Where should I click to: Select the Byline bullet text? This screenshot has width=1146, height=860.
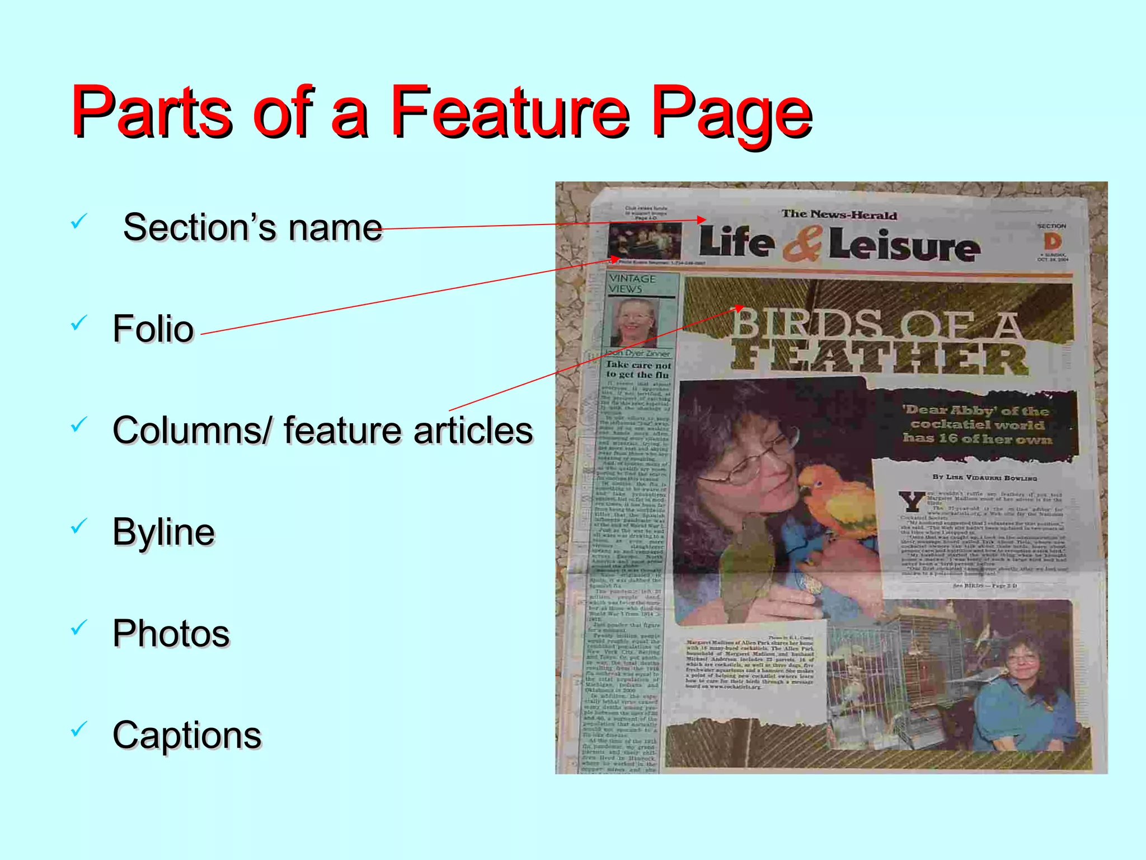[x=163, y=532]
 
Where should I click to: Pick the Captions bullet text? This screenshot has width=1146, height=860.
[x=187, y=735]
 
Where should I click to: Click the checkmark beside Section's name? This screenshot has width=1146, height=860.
[x=79, y=221]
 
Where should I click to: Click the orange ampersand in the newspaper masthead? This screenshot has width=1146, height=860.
[x=802, y=244]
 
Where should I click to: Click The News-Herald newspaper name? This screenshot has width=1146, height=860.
[x=839, y=214]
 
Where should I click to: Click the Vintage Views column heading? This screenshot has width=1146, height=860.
[x=632, y=284]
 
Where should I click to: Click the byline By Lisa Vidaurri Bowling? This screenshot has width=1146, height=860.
[x=984, y=478]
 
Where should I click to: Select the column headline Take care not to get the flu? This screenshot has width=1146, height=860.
[x=638, y=370]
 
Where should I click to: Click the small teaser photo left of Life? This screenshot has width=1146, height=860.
[x=645, y=241]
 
